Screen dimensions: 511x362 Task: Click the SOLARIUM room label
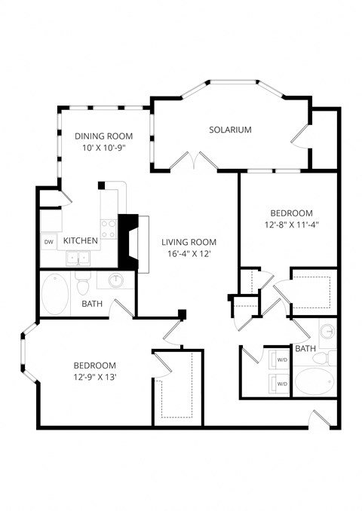click(x=230, y=130)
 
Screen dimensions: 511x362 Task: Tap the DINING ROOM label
click(x=103, y=136)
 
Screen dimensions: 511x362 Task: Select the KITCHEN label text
click(x=80, y=240)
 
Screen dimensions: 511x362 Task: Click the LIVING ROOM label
click(x=189, y=242)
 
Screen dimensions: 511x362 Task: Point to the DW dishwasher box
click(x=48, y=241)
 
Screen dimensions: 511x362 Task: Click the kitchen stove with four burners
click(x=109, y=228)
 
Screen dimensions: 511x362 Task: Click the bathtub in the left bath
click(x=54, y=295)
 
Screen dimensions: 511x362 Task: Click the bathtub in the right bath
click(x=314, y=381)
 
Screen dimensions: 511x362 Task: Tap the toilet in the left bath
click(x=83, y=286)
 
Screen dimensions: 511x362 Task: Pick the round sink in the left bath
click(x=115, y=282)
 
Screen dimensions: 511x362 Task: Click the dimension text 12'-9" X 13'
click(x=95, y=376)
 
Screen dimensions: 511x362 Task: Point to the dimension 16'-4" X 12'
click(x=189, y=254)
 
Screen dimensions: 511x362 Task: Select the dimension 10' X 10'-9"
click(x=103, y=148)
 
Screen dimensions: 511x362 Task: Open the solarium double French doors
click(x=194, y=160)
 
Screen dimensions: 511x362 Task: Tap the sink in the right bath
click(x=327, y=331)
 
